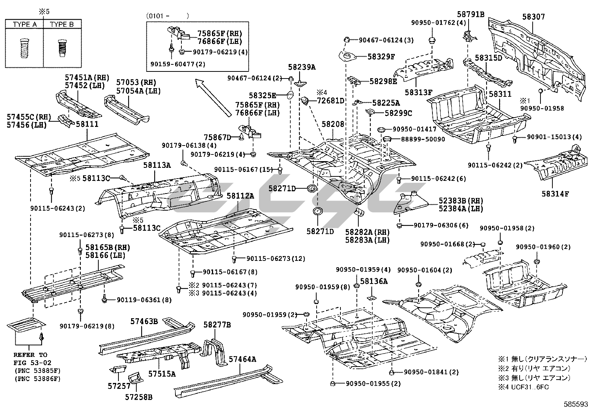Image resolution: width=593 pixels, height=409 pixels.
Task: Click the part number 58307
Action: click(x=533, y=17)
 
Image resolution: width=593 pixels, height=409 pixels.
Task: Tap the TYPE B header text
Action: click(x=62, y=25)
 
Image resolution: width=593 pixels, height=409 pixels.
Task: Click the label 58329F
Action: click(x=381, y=57)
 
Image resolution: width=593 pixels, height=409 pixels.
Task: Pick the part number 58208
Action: click(x=333, y=124)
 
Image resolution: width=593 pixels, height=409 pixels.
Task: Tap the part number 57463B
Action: click(x=144, y=321)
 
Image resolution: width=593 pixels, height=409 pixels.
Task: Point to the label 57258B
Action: click(x=139, y=397)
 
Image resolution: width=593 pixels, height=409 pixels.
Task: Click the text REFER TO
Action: click(x=31, y=355)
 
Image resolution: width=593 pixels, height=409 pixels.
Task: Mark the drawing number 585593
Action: click(x=577, y=404)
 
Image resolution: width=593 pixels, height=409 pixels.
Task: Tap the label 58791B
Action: click(x=470, y=15)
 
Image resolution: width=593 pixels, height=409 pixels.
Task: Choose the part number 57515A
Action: click(x=162, y=373)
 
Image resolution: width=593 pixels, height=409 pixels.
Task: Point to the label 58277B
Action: click(x=217, y=325)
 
